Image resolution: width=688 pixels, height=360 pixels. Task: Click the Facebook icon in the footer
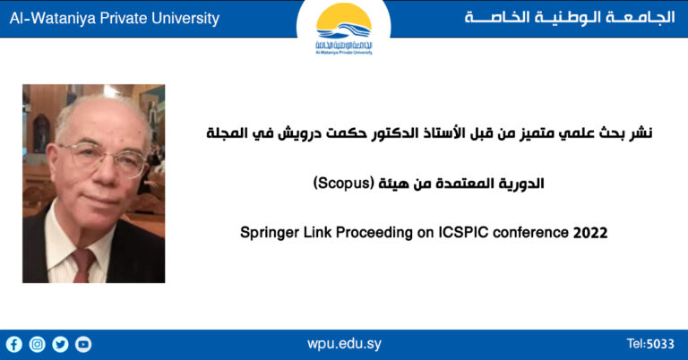pos(13,344)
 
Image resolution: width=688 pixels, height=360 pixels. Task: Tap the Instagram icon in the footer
pos(37,344)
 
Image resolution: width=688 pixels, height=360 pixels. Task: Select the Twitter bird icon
pos(60,344)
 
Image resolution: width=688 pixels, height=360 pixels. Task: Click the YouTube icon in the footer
pos(83,344)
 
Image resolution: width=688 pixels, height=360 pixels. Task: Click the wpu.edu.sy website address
pos(344,344)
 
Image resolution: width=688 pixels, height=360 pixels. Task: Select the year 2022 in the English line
pos(590,233)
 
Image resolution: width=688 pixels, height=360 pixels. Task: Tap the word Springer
pos(269,233)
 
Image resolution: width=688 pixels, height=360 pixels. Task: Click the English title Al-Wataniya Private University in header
pos(114,19)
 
